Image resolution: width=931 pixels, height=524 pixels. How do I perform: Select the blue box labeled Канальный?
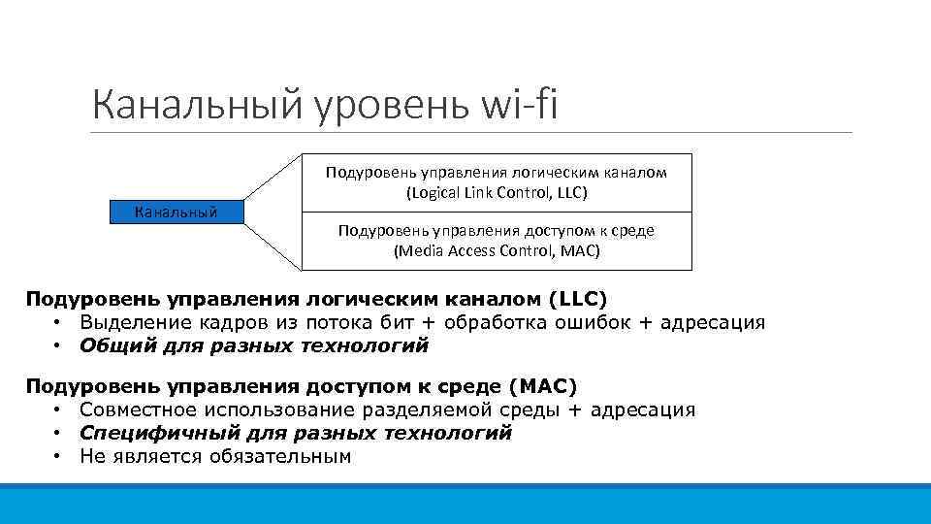point(176,212)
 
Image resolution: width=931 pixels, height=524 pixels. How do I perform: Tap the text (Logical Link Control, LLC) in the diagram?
point(497,192)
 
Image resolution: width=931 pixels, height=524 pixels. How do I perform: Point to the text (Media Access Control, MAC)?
point(497,250)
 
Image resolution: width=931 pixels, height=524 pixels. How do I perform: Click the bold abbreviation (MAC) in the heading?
point(534,386)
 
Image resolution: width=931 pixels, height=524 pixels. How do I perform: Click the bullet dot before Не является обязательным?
point(59,456)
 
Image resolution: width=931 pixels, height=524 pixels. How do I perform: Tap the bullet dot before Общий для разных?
point(59,344)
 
